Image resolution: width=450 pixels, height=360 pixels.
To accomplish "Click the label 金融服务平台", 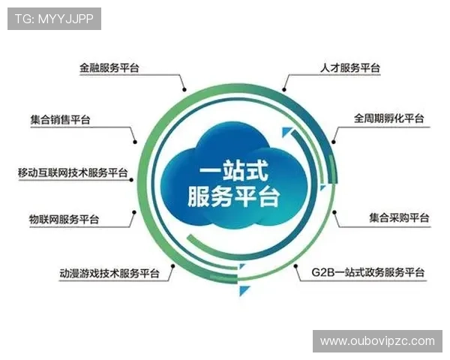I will pos(109,67).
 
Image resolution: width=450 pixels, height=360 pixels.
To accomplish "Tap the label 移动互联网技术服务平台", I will pos(72,172).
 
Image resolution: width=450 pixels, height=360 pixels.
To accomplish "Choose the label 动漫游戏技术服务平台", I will pos(109,274).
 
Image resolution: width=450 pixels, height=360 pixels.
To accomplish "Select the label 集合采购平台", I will pos(399,218).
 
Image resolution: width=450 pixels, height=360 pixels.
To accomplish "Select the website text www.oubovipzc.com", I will pos(377,341).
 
